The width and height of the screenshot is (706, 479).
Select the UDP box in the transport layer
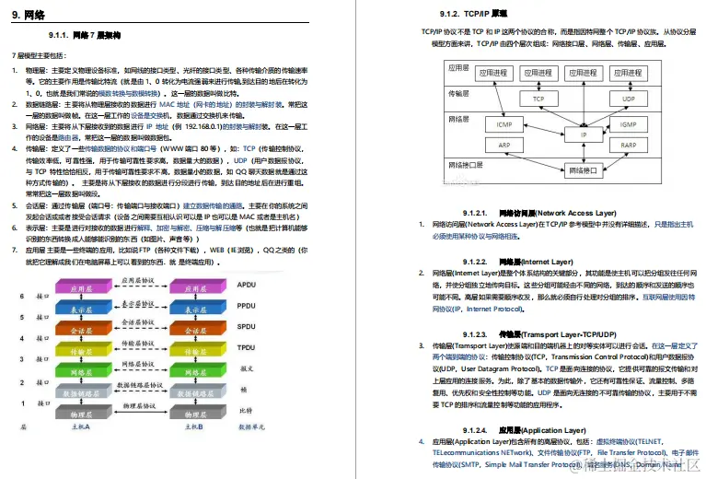point(628,99)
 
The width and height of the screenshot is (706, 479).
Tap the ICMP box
point(503,124)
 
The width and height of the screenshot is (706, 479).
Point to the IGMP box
point(627,124)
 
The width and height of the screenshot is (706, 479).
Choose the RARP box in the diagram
point(627,145)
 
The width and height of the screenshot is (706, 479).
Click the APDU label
point(248,285)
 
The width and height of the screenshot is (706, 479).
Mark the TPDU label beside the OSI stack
point(248,347)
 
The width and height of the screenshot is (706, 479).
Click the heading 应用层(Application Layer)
point(541,430)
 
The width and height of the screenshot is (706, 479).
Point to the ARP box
point(503,145)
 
